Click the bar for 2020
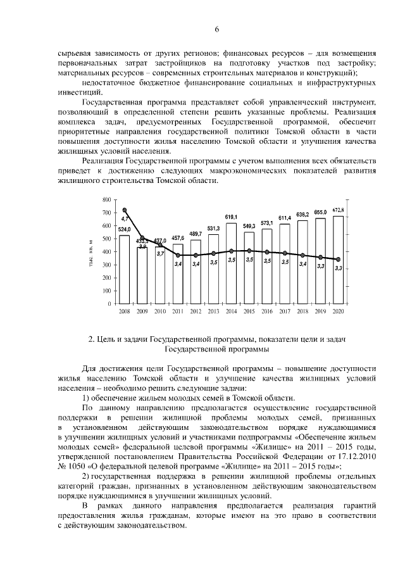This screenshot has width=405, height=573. pyautogui.click(x=339, y=260)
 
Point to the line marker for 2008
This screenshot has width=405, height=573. pyautogui.click(x=125, y=210)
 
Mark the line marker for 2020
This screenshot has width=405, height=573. pyautogui.click(x=339, y=260)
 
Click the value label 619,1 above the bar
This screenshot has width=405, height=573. pyautogui.click(x=231, y=217)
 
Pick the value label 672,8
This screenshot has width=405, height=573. pyautogui.click(x=339, y=210)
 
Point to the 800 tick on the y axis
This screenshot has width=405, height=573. pyautogui.click(x=106, y=199)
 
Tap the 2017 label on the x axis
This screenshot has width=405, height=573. pyautogui.click(x=285, y=312)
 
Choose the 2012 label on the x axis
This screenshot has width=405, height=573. pyautogui.click(x=196, y=312)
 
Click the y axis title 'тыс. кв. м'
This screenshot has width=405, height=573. pyautogui.click(x=92, y=251)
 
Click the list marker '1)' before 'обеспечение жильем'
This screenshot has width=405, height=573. pyautogui.click(x=88, y=398)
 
